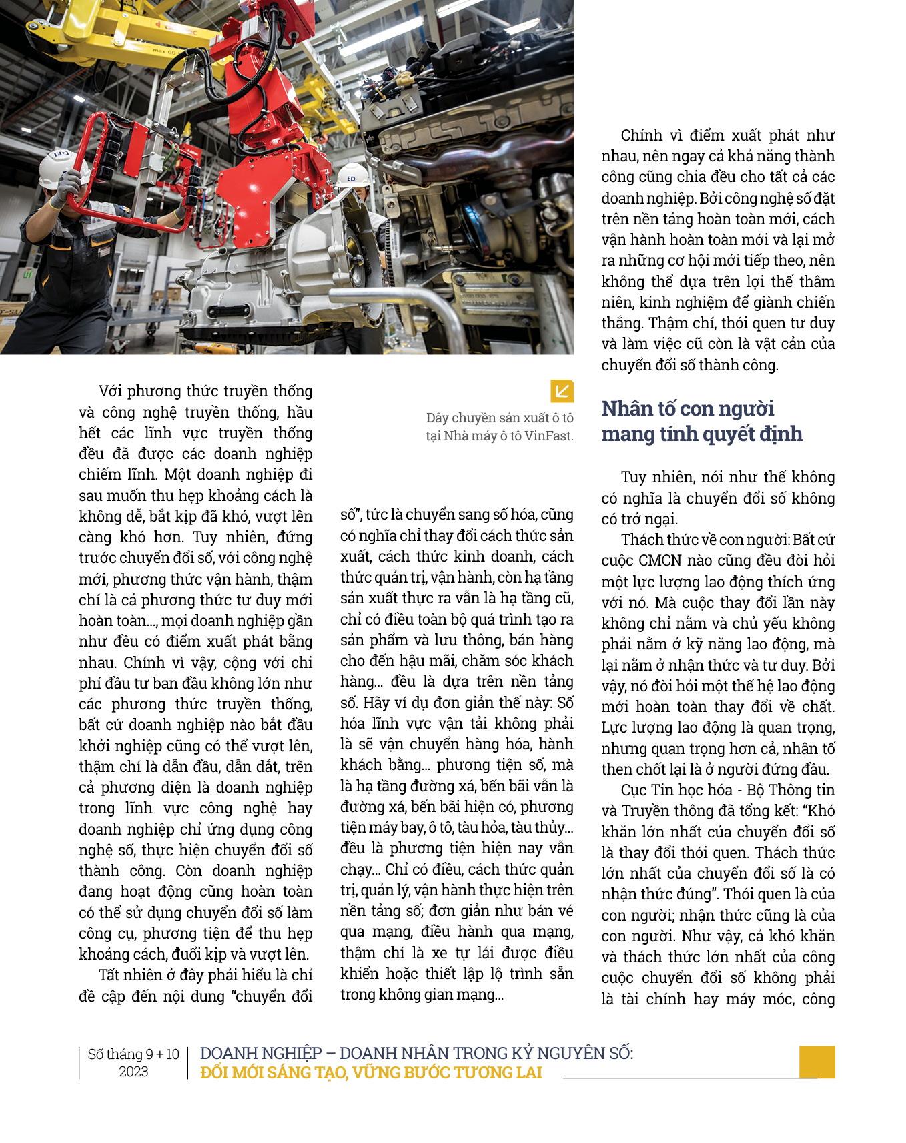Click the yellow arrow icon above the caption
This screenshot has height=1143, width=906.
pyautogui.click(x=562, y=391)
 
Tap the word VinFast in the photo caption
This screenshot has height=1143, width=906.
pyautogui.click(x=548, y=436)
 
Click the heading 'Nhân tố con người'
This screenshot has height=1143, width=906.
pyautogui.click(x=687, y=408)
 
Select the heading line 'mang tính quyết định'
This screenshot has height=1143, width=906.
pyautogui.click(x=701, y=434)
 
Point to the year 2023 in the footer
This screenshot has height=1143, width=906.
pyautogui.click(x=133, y=1072)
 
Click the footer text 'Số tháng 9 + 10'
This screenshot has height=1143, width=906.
pyautogui.click(x=133, y=1054)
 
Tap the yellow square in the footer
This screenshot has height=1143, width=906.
pyautogui.click(x=817, y=1062)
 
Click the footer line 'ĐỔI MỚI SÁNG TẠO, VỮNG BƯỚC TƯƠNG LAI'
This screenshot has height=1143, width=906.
pyautogui.click(x=371, y=1073)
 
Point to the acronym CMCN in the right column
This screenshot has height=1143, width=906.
pyautogui.click(x=659, y=561)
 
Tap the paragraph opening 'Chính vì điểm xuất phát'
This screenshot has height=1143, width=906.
pyautogui.click(x=717, y=250)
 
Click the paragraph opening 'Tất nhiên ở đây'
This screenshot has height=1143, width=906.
pyautogui.click(x=195, y=986)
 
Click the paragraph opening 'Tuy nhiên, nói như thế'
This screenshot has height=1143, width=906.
pyautogui.click(x=718, y=498)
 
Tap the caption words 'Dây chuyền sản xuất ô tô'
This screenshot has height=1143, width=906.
pyautogui.click(x=500, y=418)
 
